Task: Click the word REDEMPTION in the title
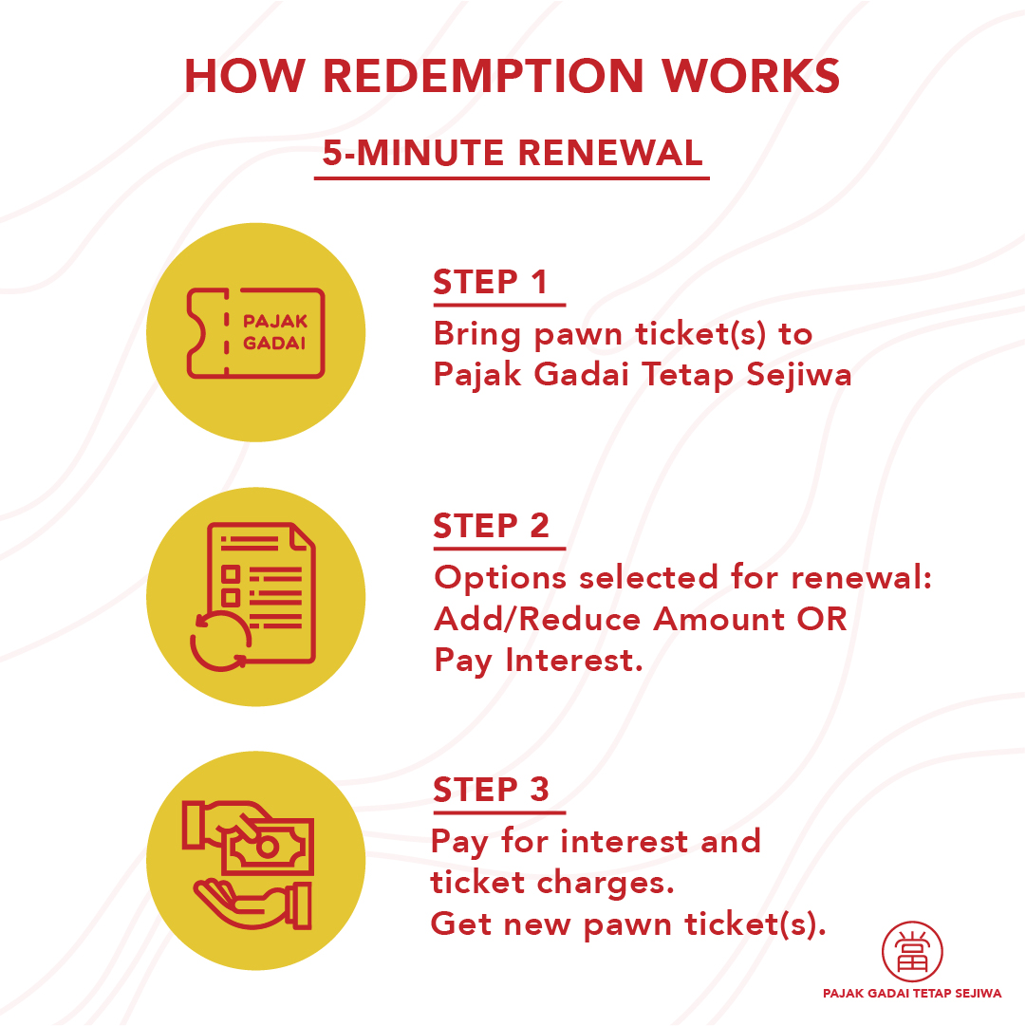[483, 76]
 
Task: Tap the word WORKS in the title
[751, 76]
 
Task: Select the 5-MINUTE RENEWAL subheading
[513, 153]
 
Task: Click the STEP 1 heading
[490, 282]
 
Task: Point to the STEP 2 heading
[492, 526]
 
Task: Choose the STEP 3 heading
[492, 790]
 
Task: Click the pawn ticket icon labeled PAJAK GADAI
[256, 333]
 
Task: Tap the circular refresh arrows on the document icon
[220, 642]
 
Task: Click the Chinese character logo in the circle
[912, 952]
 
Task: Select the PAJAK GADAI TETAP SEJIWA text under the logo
[912, 994]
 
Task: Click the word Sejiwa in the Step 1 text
[799, 376]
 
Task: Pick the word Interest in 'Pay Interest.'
[575, 661]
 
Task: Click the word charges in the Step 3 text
[606, 884]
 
